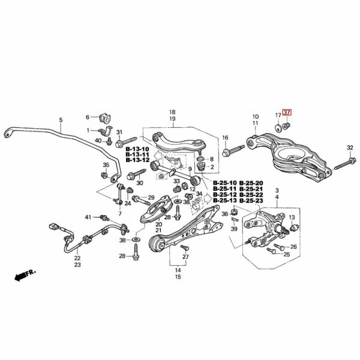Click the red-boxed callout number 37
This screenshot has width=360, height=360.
point(287,113)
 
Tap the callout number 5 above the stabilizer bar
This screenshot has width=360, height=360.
point(61,120)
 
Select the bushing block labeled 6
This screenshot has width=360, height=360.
point(104,118)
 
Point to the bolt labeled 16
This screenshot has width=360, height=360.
point(233,149)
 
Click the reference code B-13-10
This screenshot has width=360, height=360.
point(137,149)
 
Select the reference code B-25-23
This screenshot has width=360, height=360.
point(251,200)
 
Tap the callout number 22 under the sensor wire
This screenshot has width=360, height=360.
point(77,258)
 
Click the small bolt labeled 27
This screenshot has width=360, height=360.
point(185,247)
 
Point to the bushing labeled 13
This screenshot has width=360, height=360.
point(294,227)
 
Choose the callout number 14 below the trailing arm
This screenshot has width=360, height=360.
point(178,270)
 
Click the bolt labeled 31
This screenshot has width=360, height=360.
point(126,142)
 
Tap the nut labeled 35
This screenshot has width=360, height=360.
point(104,175)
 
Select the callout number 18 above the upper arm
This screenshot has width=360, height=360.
point(172,112)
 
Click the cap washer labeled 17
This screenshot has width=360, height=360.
point(279,128)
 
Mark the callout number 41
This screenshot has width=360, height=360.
point(88,217)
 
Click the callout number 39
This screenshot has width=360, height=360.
point(234,229)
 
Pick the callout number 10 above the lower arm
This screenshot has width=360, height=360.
point(256,116)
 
